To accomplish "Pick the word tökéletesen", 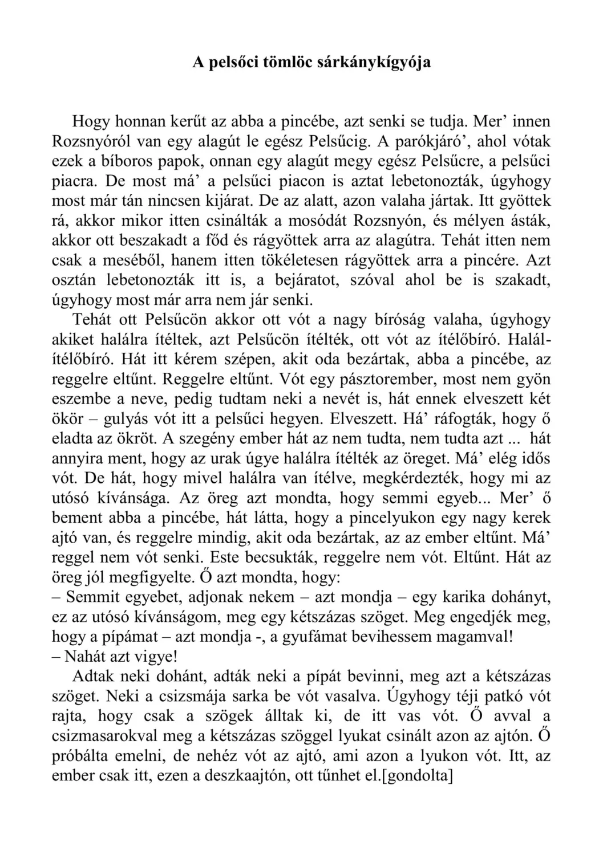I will click(296, 260).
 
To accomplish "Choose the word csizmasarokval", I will click(109, 736).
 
